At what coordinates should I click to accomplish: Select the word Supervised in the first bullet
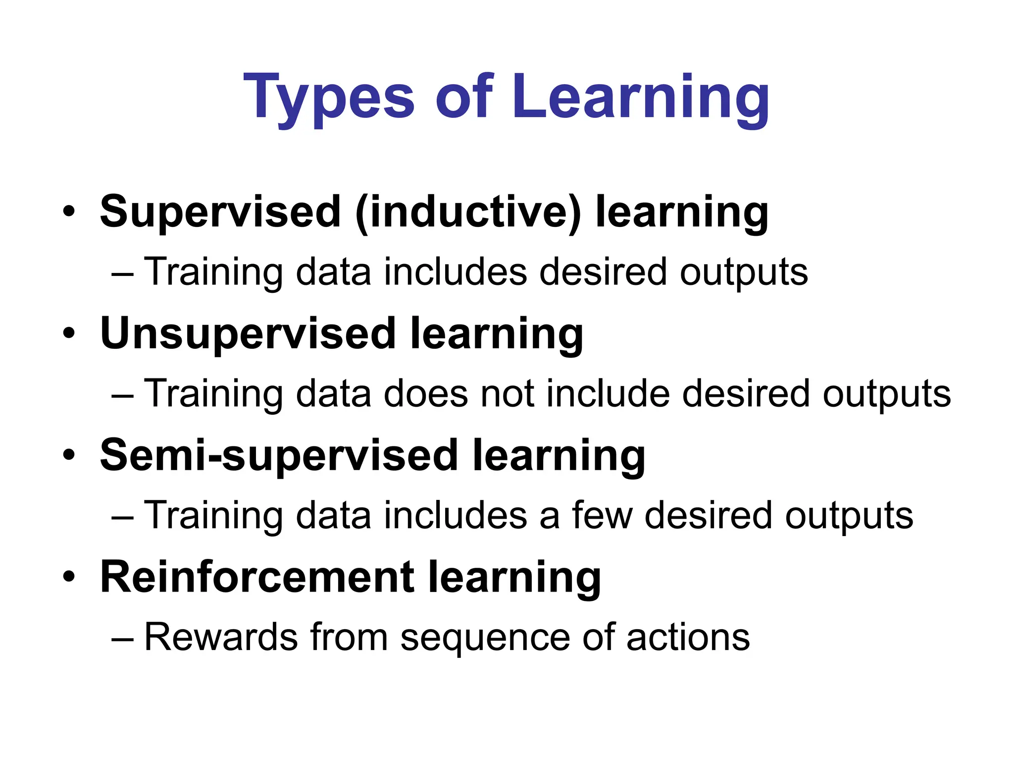(x=221, y=212)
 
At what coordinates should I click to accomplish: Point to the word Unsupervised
(x=248, y=333)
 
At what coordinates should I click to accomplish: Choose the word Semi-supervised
(x=279, y=455)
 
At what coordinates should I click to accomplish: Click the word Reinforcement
(x=257, y=577)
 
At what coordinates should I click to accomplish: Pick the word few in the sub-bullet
(x=602, y=515)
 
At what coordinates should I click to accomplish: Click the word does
(x=426, y=394)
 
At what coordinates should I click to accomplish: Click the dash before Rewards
(x=122, y=639)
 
